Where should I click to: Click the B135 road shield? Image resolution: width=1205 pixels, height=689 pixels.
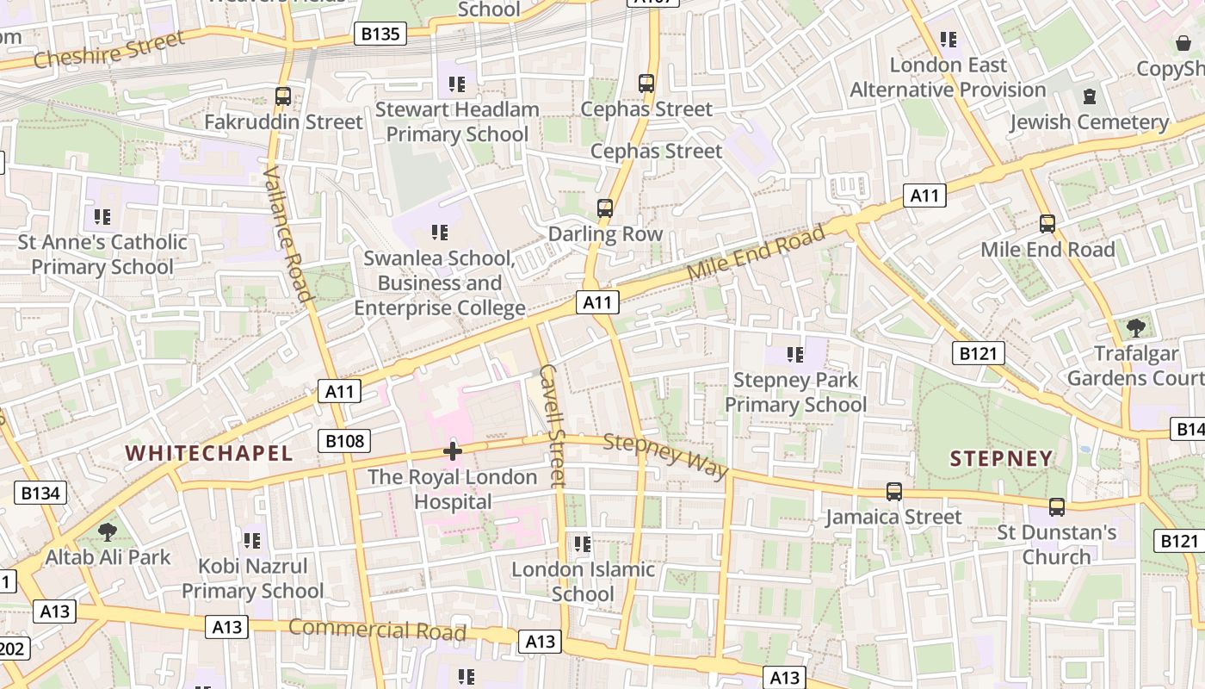click(x=380, y=34)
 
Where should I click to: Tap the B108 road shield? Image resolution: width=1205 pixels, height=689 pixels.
click(x=344, y=442)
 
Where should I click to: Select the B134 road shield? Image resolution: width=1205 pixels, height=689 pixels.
click(x=40, y=493)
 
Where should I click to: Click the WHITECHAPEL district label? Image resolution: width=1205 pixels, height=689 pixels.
click(x=209, y=453)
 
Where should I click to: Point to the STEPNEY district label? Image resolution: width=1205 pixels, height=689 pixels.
click(x=1001, y=458)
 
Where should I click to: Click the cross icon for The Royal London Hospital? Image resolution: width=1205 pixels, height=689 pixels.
click(x=453, y=450)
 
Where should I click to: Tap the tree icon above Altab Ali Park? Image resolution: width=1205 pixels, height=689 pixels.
click(x=108, y=531)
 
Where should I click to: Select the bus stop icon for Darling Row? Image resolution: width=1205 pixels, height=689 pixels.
click(x=605, y=208)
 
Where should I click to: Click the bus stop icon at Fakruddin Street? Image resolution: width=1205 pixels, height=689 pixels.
click(x=283, y=96)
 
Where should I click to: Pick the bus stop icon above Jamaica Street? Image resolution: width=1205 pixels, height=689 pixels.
click(x=894, y=492)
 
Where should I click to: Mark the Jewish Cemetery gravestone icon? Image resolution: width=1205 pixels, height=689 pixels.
click(x=1089, y=96)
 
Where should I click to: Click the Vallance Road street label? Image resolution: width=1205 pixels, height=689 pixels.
click(x=287, y=233)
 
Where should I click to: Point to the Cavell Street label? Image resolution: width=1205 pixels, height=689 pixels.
click(x=552, y=425)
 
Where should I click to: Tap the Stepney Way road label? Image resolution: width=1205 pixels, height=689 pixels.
click(x=665, y=456)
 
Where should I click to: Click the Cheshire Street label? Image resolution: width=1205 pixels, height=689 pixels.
click(x=108, y=50)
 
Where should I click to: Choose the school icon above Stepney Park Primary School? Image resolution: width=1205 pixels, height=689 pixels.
click(x=795, y=354)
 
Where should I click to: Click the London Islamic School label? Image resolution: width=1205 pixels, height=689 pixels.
click(x=583, y=581)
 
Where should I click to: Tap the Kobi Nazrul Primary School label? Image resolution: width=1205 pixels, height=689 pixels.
click(x=252, y=578)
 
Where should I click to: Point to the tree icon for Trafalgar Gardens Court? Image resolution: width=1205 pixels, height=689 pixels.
click(x=1136, y=327)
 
